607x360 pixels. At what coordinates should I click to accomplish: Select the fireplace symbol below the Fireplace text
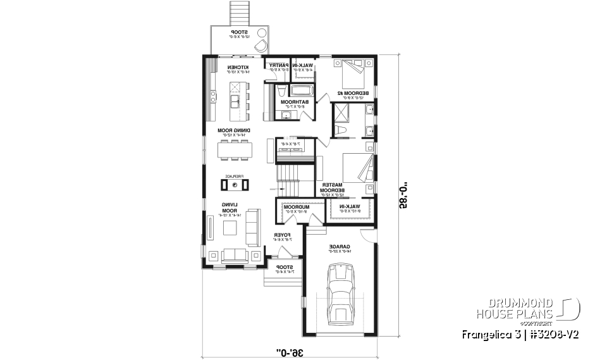pos(235,185)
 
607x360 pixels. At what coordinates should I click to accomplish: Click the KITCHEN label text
pos(238,68)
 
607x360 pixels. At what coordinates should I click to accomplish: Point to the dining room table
pos(235,150)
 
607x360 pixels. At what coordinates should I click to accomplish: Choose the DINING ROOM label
pos(234,131)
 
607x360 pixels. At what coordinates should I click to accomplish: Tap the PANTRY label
pos(279,66)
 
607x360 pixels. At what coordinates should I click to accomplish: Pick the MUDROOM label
pos(295,208)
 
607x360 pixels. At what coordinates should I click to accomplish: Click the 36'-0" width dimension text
pos(287,351)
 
